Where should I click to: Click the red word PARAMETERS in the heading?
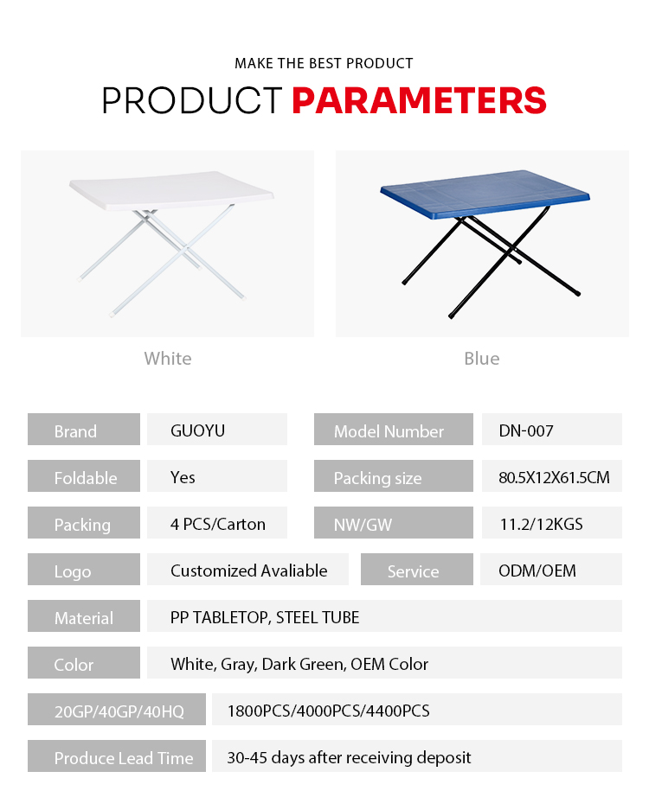point(419,100)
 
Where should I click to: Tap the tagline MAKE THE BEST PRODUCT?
point(324,64)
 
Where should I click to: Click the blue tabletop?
point(485,194)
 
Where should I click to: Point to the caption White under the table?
point(168,359)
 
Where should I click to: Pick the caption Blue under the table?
point(481,359)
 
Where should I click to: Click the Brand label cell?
point(84,430)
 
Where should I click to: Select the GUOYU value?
point(197,430)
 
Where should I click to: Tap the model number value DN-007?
point(526,431)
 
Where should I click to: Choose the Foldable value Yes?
point(183,477)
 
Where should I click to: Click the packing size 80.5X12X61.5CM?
point(554,477)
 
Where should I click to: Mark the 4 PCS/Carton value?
point(218,524)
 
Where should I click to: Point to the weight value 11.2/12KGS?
point(541,524)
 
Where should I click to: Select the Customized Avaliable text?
point(249,571)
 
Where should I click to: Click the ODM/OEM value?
point(537,571)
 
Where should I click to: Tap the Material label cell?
point(84,616)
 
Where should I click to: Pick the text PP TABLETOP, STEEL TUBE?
point(265,617)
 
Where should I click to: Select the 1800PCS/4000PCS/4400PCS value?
point(328,711)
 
